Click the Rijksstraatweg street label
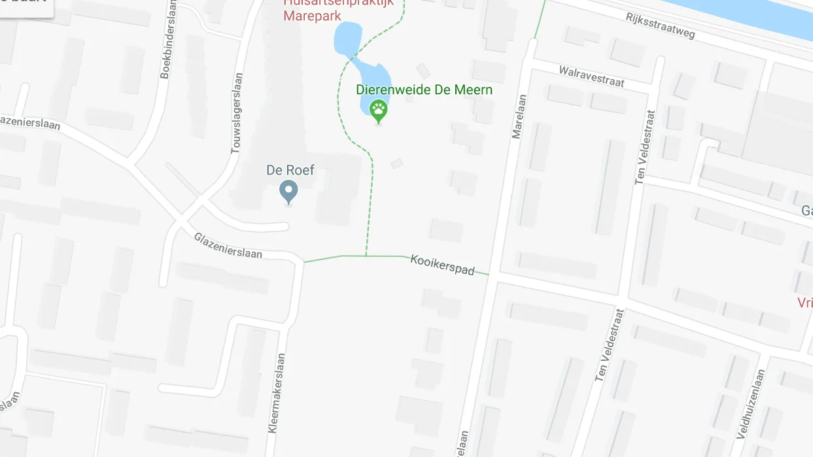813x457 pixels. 660,25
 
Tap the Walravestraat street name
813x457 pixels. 591,76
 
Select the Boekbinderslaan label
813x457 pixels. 169,39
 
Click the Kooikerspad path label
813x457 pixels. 442,264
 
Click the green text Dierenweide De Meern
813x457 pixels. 424,90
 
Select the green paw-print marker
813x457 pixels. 378,110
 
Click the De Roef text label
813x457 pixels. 290,170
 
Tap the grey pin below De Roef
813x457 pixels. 288,192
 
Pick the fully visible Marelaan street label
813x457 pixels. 519,117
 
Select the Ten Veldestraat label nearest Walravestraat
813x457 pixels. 644,146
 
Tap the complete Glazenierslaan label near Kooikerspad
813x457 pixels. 228,245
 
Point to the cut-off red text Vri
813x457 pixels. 804,302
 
